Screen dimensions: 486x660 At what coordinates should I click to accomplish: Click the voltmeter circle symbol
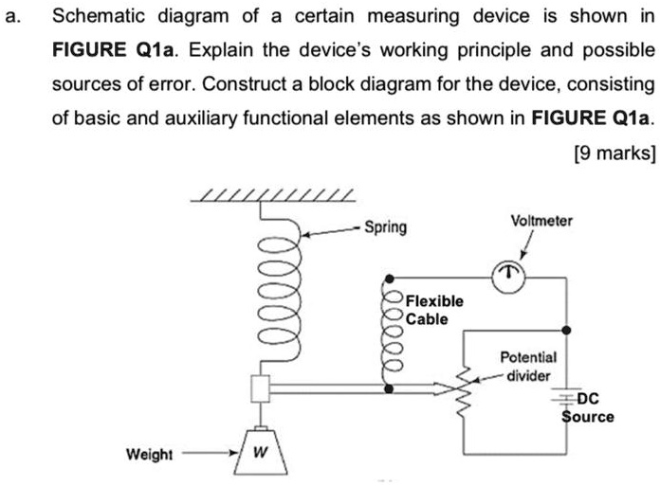coord(509,275)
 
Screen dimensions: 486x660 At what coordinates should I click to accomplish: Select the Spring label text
coord(386,227)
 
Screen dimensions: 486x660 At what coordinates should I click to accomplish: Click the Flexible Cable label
coord(434,310)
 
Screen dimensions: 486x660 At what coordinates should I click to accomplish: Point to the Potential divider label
coord(528,368)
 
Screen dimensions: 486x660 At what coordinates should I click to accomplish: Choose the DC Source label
coord(589,407)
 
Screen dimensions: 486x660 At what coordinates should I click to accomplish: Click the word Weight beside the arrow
coord(150,454)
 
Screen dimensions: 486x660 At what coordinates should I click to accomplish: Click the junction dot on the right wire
coord(567,330)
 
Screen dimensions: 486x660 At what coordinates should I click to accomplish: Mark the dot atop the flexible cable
coord(388,281)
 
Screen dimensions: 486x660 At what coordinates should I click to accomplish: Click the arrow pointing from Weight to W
coord(209,454)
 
